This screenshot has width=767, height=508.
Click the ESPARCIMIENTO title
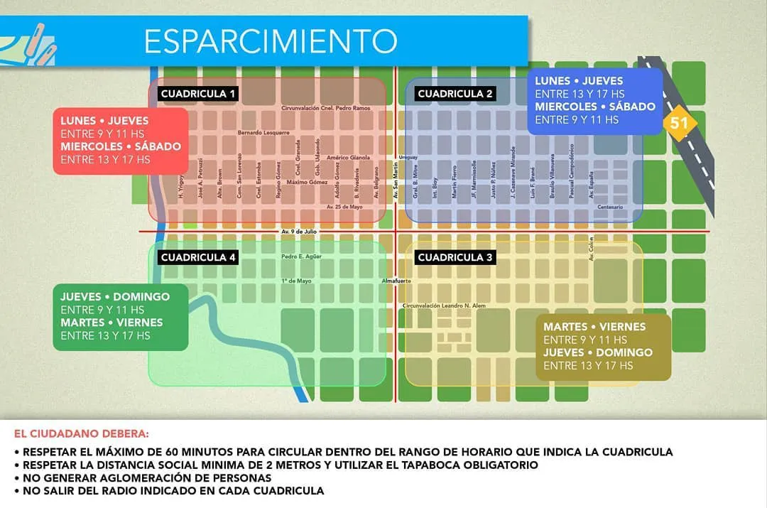(x=270, y=41)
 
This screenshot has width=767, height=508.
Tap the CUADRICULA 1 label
(x=198, y=94)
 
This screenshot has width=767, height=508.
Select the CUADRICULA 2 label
(x=455, y=94)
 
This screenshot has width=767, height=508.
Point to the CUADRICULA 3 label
(x=455, y=257)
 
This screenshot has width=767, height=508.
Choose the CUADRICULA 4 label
(x=198, y=257)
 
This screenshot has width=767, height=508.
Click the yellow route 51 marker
(x=680, y=123)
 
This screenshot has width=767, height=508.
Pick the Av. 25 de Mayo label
(x=344, y=207)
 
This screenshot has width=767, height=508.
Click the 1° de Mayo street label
(x=296, y=281)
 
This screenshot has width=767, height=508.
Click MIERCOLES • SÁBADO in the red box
(x=121, y=146)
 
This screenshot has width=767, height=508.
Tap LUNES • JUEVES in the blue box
(x=579, y=81)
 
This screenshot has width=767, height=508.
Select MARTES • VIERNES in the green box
(x=111, y=323)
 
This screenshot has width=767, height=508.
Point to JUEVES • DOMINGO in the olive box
(x=598, y=352)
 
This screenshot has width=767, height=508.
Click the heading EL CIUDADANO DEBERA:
(x=81, y=434)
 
